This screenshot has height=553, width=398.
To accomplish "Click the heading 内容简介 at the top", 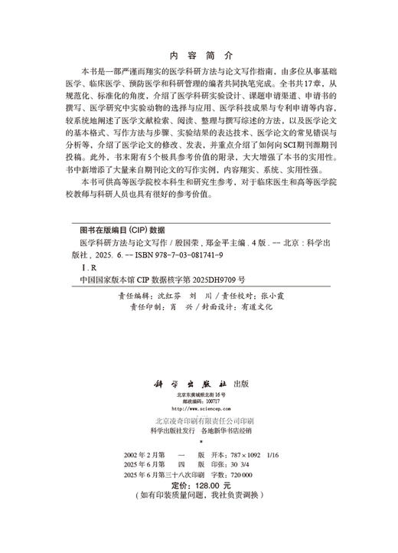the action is [198, 56].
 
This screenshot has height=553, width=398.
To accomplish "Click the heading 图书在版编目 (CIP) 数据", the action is [122, 228].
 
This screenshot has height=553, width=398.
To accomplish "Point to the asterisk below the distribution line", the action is [198, 443].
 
